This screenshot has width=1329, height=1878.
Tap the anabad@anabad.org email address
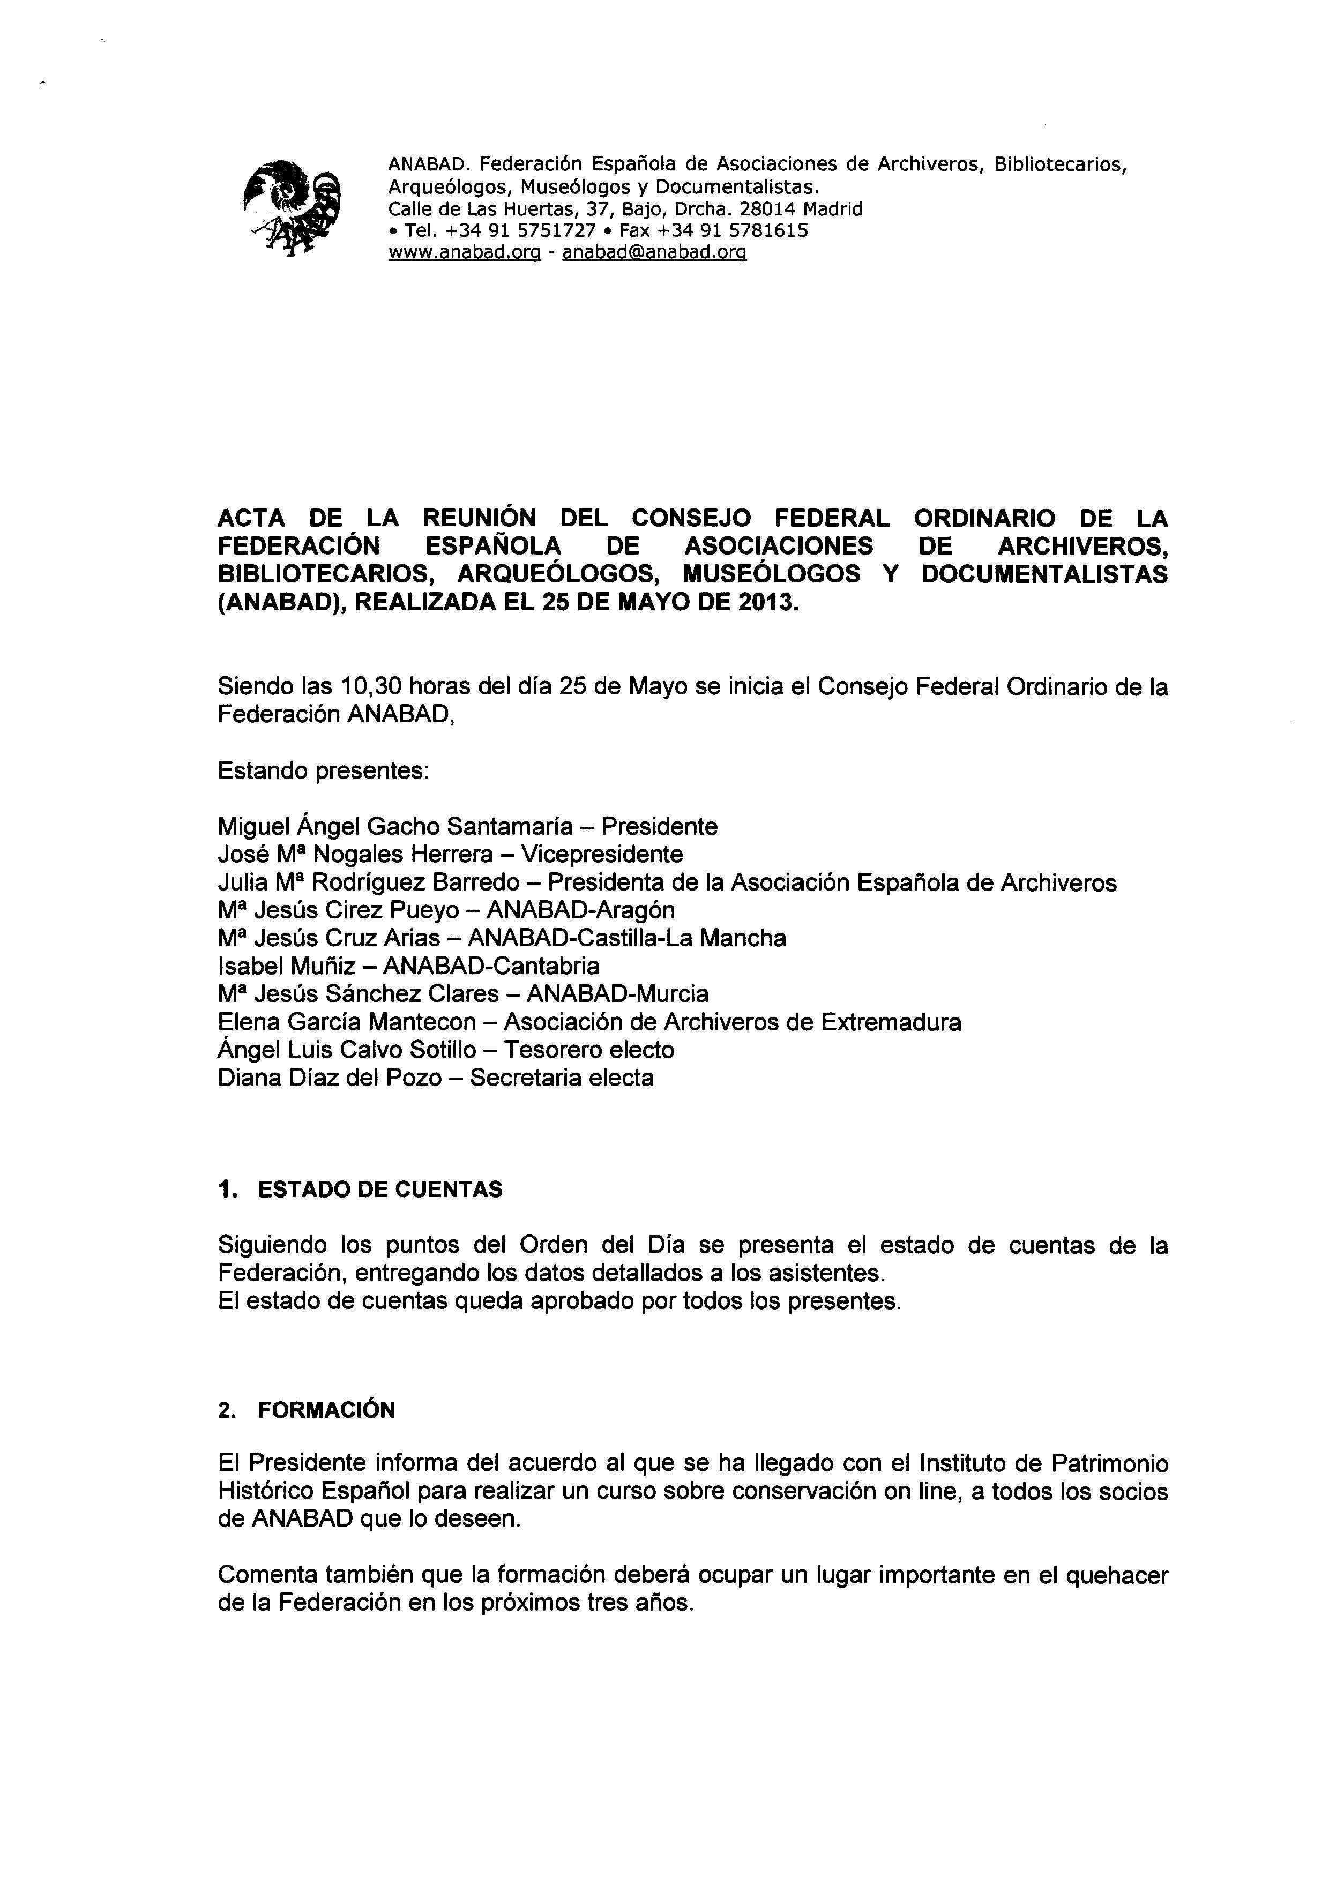tap(654, 253)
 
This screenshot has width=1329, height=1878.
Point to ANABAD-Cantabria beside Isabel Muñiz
tap(491, 967)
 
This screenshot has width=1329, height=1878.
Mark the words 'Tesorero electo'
tap(589, 1050)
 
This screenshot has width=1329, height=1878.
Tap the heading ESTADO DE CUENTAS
tap(380, 1190)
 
